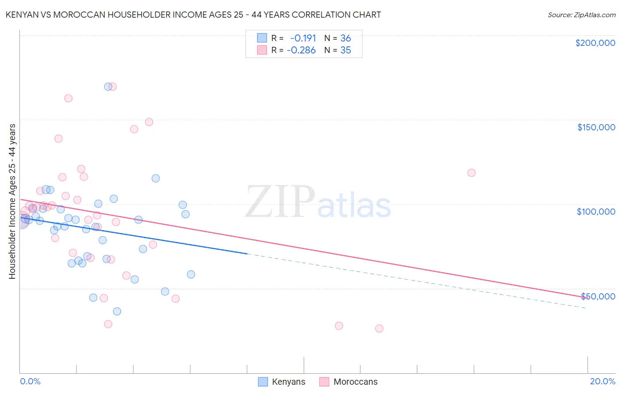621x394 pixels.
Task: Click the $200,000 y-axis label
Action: click(x=595, y=43)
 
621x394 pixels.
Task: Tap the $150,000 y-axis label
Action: click(x=596, y=127)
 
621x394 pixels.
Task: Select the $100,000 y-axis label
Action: click(x=596, y=212)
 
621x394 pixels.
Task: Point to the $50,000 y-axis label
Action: click(x=598, y=296)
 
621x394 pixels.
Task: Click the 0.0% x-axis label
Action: click(x=30, y=381)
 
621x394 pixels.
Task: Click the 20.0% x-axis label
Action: click(x=602, y=381)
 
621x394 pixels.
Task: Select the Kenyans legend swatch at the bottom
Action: click(x=263, y=382)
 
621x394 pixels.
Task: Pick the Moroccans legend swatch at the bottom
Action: click(x=324, y=382)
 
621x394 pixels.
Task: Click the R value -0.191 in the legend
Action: click(x=303, y=38)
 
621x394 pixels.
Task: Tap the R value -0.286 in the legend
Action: click(x=301, y=50)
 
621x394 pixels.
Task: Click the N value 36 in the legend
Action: click(x=345, y=38)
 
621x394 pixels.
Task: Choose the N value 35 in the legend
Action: click(x=345, y=50)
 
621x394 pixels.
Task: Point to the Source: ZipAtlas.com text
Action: click(x=581, y=15)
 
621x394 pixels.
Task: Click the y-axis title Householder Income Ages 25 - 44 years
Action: click(x=12, y=201)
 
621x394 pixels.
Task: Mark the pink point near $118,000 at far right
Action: click(x=471, y=173)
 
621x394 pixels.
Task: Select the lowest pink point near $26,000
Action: click(x=379, y=329)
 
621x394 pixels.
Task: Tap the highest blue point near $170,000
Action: click(x=108, y=87)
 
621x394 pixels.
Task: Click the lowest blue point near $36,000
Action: click(x=117, y=311)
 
